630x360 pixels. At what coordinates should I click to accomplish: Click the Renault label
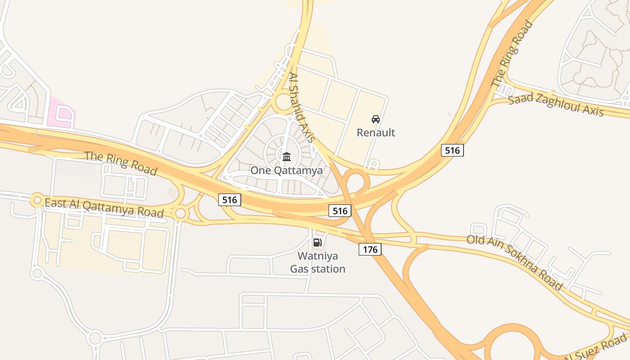pos(376,132)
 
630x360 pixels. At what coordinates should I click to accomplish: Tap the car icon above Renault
pos(376,119)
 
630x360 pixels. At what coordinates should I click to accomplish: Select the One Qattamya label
pos(287,171)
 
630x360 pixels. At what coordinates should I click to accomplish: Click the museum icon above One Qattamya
pos(287,157)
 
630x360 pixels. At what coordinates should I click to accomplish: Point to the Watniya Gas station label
pos(318,262)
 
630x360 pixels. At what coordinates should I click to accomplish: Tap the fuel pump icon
pos(318,243)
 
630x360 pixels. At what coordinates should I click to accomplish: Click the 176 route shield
pos(370,249)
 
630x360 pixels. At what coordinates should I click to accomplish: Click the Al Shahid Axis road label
pos(301,108)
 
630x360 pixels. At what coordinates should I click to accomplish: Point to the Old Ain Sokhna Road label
pos(514,262)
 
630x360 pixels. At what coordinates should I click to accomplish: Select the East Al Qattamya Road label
pos(104,207)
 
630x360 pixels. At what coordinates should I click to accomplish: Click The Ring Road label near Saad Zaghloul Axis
pos(512,54)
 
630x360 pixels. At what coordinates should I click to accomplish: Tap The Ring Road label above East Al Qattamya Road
pos(121,163)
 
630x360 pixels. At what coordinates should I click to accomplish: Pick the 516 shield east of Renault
pos(452,150)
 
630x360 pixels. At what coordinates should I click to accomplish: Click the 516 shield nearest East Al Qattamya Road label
pos(230,199)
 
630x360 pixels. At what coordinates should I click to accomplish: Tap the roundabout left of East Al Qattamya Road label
pos(36,200)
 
